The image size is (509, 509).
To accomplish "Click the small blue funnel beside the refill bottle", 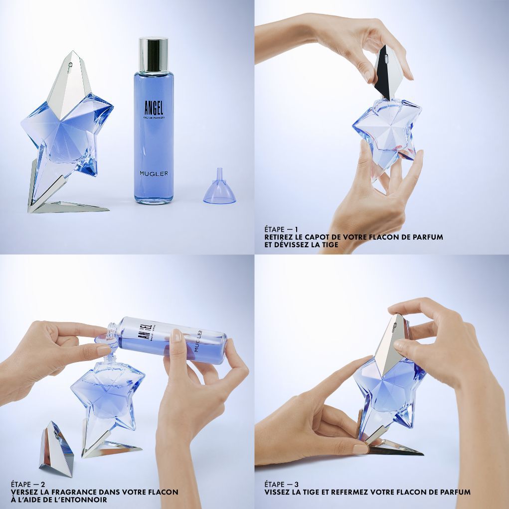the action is pyautogui.click(x=219, y=188).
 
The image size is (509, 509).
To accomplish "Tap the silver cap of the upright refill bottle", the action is pyautogui.click(x=153, y=55).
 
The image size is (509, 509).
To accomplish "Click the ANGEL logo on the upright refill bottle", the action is pyautogui.click(x=154, y=108).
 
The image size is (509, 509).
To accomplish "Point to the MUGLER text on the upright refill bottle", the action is pyautogui.click(x=154, y=173).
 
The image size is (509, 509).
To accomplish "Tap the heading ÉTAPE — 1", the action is pyautogui.click(x=281, y=229).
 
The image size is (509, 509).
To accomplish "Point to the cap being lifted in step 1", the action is pyautogui.click(x=388, y=73).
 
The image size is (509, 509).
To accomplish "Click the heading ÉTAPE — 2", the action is pyautogui.click(x=28, y=485).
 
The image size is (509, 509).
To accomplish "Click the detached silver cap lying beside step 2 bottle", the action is pyautogui.click(x=57, y=450).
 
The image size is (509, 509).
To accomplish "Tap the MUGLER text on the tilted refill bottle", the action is pyautogui.click(x=198, y=340).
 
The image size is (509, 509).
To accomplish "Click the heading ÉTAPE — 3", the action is pyautogui.click(x=282, y=485).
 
